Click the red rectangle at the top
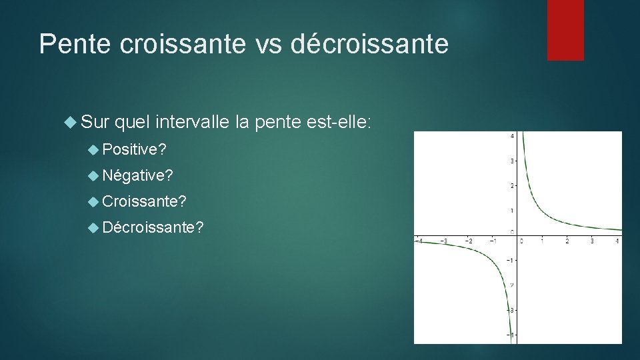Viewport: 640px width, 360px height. click(x=565, y=30)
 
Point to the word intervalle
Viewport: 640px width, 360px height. click(x=193, y=122)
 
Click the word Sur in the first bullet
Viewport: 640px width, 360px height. click(x=94, y=122)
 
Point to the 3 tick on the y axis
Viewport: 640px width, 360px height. click(x=511, y=161)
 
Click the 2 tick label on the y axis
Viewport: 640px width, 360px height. click(x=511, y=185)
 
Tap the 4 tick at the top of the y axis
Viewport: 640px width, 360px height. click(x=511, y=136)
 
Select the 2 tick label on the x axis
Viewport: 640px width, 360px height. click(x=567, y=241)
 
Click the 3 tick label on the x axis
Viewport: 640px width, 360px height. click(x=592, y=241)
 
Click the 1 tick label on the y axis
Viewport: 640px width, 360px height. click(x=511, y=211)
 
